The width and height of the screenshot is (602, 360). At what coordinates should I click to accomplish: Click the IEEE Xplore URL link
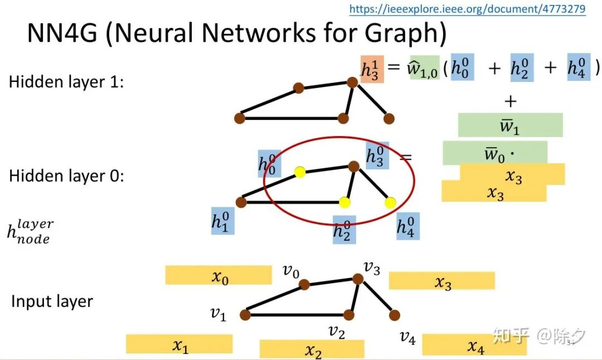click(467, 9)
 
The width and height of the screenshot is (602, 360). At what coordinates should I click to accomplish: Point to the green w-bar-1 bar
click(510, 125)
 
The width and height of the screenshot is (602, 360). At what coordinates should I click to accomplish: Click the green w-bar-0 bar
click(494, 153)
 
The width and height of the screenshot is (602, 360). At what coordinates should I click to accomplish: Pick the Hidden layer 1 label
click(66, 82)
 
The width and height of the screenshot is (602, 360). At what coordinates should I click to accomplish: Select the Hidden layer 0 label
click(66, 176)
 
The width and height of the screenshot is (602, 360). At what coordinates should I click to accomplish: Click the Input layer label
click(52, 301)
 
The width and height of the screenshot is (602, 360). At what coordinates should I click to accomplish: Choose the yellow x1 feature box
click(179, 344)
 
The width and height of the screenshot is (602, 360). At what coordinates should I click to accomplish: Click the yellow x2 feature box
click(312, 349)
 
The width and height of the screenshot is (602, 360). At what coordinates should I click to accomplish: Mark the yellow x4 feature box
click(474, 345)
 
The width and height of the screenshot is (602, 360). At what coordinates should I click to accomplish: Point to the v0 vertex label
click(291, 272)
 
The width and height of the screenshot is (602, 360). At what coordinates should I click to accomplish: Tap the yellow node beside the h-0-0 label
click(300, 172)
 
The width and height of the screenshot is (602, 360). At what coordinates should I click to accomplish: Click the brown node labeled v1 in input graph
click(245, 315)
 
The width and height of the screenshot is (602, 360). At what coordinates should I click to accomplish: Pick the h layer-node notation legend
click(30, 231)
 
